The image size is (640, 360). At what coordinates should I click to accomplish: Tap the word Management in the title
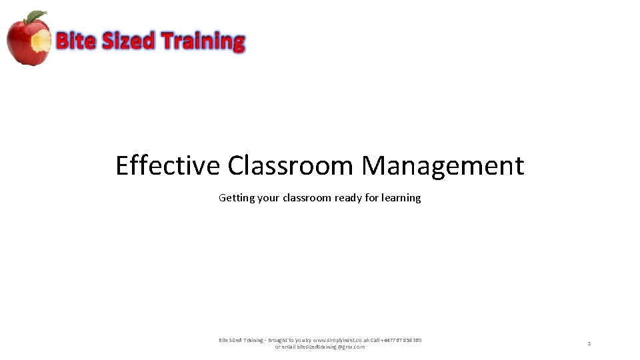(443, 165)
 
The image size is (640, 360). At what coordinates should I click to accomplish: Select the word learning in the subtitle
(401, 198)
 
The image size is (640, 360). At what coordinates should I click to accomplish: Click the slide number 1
(589, 343)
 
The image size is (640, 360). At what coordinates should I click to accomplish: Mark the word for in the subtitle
(371, 198)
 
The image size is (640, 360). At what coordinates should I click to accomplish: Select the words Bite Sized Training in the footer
(241, 340)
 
